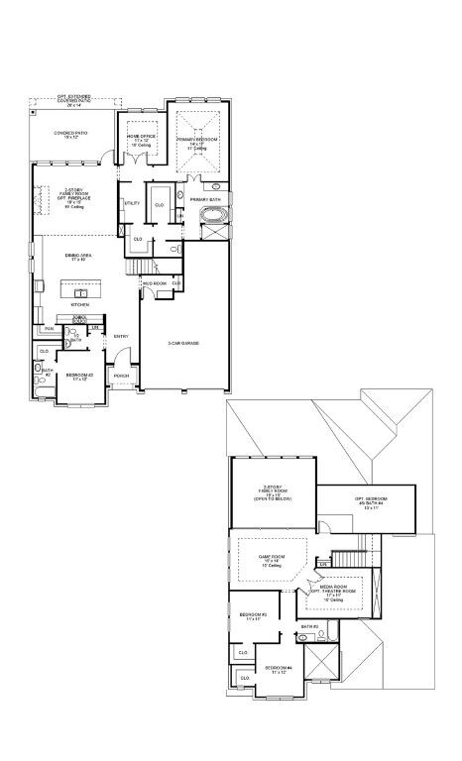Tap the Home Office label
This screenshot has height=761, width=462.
(141, 138)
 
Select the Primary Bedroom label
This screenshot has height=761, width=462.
(199, 143)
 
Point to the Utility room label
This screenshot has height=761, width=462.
(131, 203)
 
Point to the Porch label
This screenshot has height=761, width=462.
(122, 377)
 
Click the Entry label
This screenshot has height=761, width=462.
(121, 337)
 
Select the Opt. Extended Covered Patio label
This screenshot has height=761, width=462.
(76, 102)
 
